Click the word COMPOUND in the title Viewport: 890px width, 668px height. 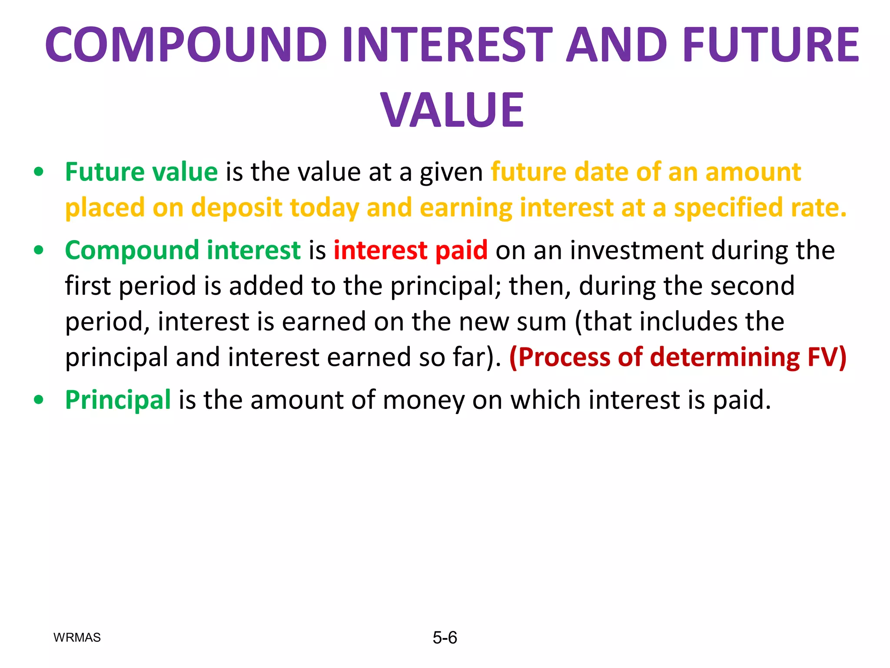click(186, 44)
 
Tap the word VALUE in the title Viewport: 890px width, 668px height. click(452, 110)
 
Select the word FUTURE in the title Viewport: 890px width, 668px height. click(770, 44)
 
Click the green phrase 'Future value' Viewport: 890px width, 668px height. click(141, 172)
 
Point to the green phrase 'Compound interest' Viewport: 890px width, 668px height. click(183, 250)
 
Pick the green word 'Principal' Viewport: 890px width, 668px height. click(118, 400)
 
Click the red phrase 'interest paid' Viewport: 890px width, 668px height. click(411, 250)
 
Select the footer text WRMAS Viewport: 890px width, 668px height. click(77, 638)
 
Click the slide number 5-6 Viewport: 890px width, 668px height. click(445, 638)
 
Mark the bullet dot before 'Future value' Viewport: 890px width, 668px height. click(39, 172)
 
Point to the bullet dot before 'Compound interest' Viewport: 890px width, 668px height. click(39, 250)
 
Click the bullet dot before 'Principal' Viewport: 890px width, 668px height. click(39, 400)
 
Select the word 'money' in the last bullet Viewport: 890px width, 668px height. click(423, 400)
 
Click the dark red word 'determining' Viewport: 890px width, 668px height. click(724, 357)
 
